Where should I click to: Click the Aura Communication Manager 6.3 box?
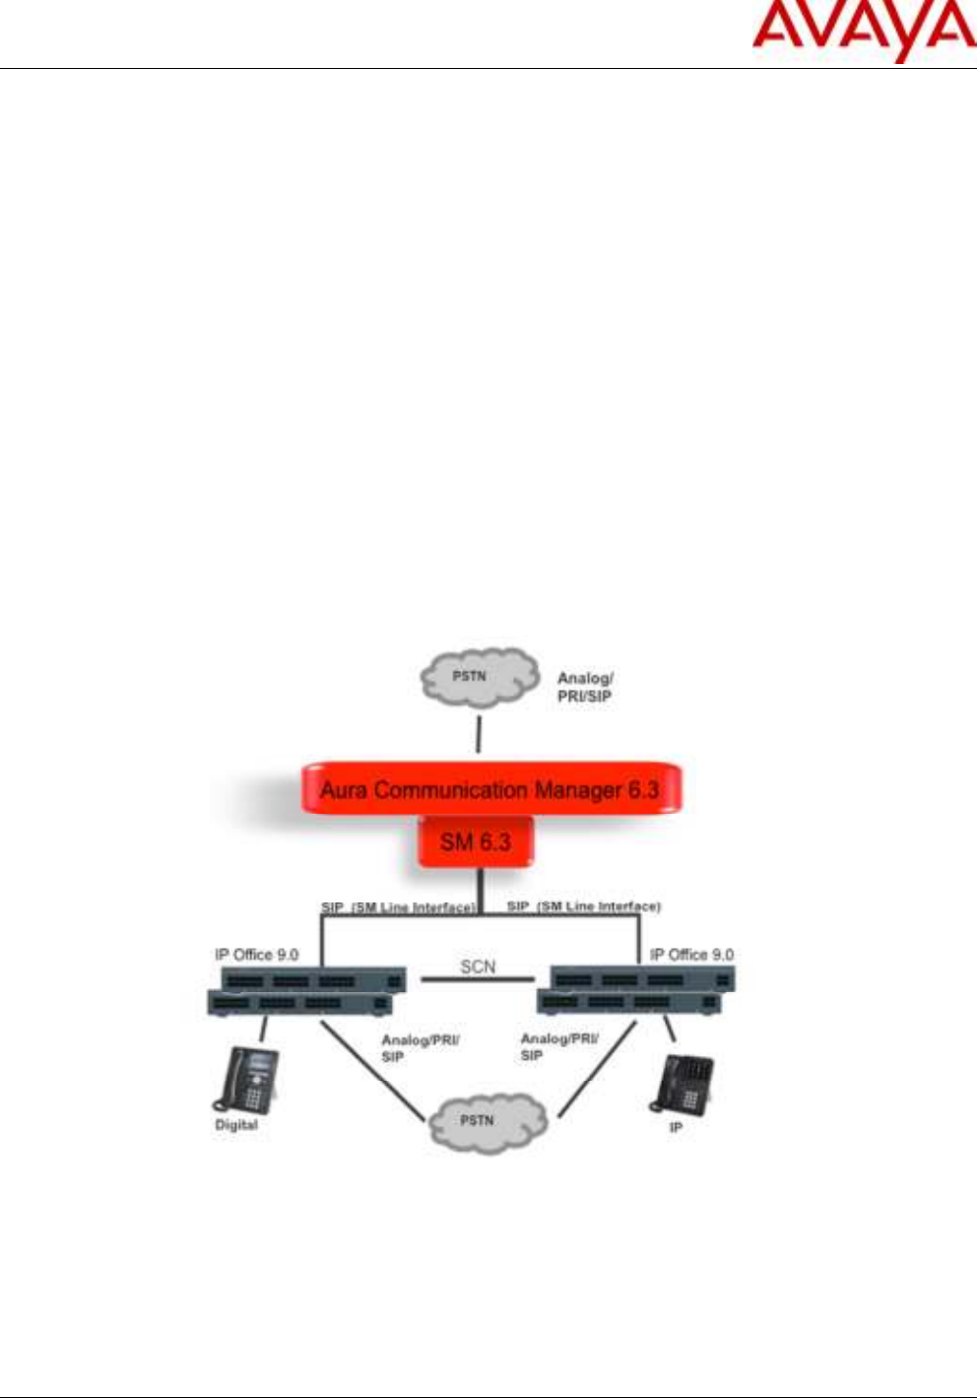(x=489, y=789)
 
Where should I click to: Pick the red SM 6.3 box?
(x=476, y=842)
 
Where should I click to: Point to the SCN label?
(x=478, y=966)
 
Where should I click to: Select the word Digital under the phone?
(x=236, y=1125)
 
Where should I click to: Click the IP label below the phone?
(x=676, y=1127)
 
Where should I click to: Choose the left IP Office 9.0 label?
(x=256, y=955)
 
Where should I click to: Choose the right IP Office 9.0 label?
(x=691, y=955)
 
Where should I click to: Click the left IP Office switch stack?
(x=305, y=991)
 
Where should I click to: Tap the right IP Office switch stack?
(x=635, y=991)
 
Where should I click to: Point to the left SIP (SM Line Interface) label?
(x=398, y=906)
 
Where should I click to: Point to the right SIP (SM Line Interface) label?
(x=583, y=905)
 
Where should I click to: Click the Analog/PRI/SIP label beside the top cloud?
(x=585, y=687)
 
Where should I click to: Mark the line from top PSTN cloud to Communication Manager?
(x=479, y=734)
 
